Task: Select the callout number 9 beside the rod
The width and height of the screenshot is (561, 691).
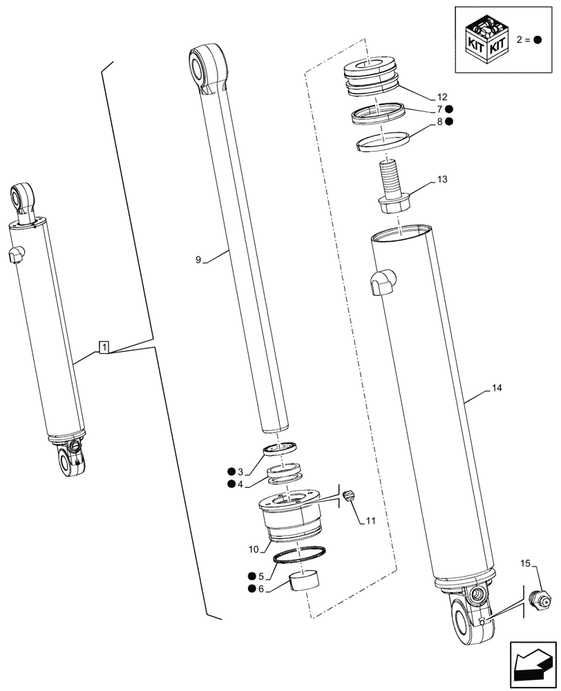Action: coord(198,260)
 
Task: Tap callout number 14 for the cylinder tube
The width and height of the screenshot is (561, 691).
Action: coord(497,389)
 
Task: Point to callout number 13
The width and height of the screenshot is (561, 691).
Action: coord(442,180)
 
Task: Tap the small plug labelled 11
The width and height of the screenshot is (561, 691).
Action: coord(350,495)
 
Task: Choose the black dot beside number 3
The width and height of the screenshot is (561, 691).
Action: coord(230,472)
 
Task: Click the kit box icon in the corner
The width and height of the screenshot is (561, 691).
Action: coord(486,39)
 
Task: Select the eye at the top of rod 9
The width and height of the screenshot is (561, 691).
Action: coord(209,66)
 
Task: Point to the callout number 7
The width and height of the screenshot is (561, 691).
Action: coord(438,109)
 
